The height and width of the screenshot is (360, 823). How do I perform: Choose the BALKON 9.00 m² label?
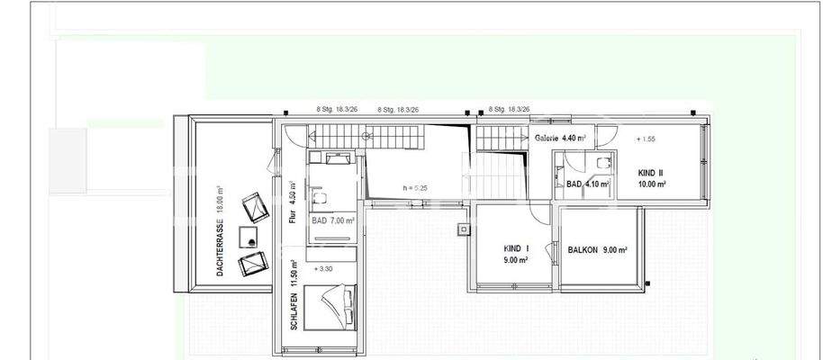click(597, 251)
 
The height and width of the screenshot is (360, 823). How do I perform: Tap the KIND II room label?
click(651, 177)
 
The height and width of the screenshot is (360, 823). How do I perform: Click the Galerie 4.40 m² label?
click(560, 139)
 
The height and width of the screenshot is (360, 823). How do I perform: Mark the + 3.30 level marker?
click(322, 268)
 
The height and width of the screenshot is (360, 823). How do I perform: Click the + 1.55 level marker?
click(646, 139)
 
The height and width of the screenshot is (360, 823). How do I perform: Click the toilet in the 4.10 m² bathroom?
click(602, 162)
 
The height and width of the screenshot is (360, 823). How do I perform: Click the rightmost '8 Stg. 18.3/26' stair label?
click(509, 109)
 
